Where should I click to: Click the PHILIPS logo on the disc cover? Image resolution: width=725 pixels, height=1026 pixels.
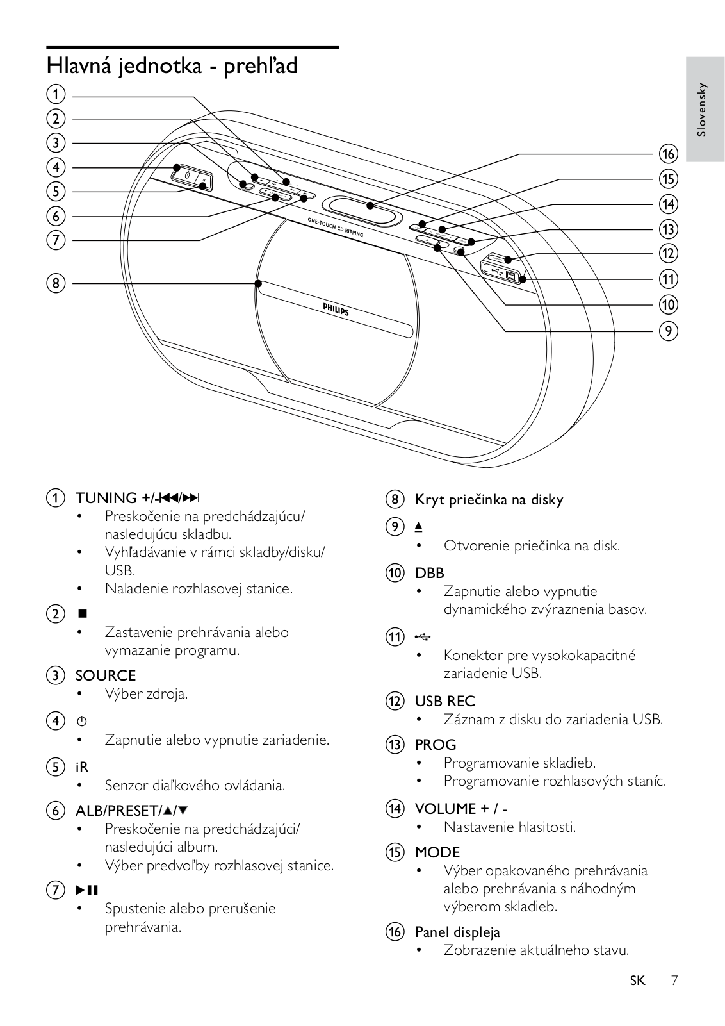(x=336, y=310)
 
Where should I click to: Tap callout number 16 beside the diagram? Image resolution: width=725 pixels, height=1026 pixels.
(x=667, y=154)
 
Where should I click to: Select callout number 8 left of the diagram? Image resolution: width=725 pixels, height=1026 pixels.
(x=56, y=283)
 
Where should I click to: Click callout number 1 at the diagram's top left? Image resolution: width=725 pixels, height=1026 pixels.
(x=56, y=95)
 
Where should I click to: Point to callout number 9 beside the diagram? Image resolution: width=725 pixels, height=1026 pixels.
(x=667, y=331)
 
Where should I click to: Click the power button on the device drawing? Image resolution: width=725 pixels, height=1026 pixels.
(x=186, y=175)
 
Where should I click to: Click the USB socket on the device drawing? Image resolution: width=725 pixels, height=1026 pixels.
(x=510, y=276)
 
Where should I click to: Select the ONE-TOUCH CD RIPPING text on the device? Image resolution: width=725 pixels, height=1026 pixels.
(x=335, y=227)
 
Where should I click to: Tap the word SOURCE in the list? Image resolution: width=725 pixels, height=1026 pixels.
(x=106, y=675)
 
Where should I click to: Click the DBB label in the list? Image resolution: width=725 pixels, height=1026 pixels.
(x=429, y=573)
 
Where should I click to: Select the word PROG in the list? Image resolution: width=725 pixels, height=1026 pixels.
(x=436, y=745)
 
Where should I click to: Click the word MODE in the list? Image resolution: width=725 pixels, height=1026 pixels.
(x=437, y=852)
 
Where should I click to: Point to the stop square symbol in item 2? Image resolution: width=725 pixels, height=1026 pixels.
(x=81, y=614)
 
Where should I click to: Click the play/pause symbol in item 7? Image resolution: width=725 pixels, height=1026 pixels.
(x=87, y=890)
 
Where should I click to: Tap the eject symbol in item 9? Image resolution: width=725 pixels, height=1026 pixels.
(x=418, y=527)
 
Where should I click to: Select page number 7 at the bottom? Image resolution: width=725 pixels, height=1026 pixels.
(x=674, y=980)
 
